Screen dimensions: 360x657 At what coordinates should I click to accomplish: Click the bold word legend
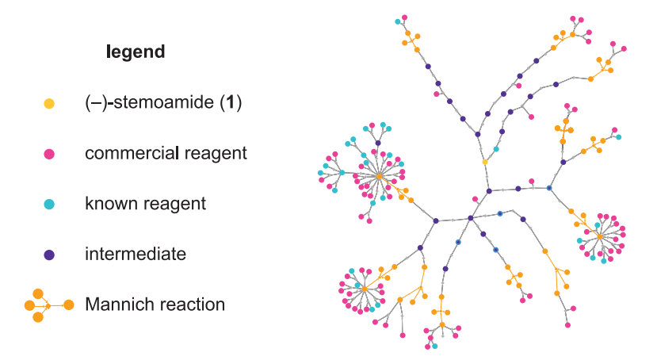point(136,52)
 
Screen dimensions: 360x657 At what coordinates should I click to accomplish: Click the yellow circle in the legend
point(49,103)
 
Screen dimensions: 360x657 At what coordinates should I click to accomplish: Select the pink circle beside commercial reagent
point(49,154)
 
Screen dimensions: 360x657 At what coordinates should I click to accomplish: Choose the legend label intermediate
point(136,255)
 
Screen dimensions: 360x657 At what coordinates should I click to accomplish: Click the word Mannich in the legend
point(117,304)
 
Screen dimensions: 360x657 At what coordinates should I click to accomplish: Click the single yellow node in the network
point(485,162)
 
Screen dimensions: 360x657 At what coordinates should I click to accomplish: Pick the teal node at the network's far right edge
point(619,137)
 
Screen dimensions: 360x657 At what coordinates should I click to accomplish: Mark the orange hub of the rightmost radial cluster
point(600,236)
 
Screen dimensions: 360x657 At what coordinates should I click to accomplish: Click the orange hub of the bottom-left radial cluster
point(365,289)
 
